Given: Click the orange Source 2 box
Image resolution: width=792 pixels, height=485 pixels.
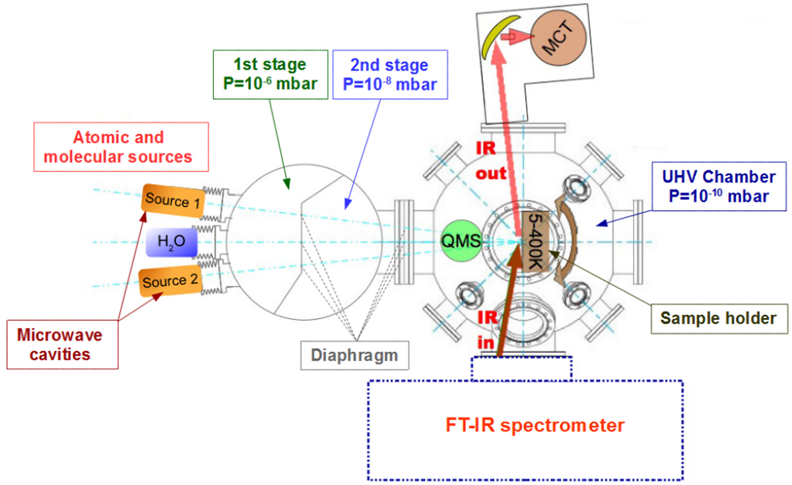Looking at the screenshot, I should (171, 282).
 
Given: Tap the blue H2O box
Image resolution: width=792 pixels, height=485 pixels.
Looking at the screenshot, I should (172, 242).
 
